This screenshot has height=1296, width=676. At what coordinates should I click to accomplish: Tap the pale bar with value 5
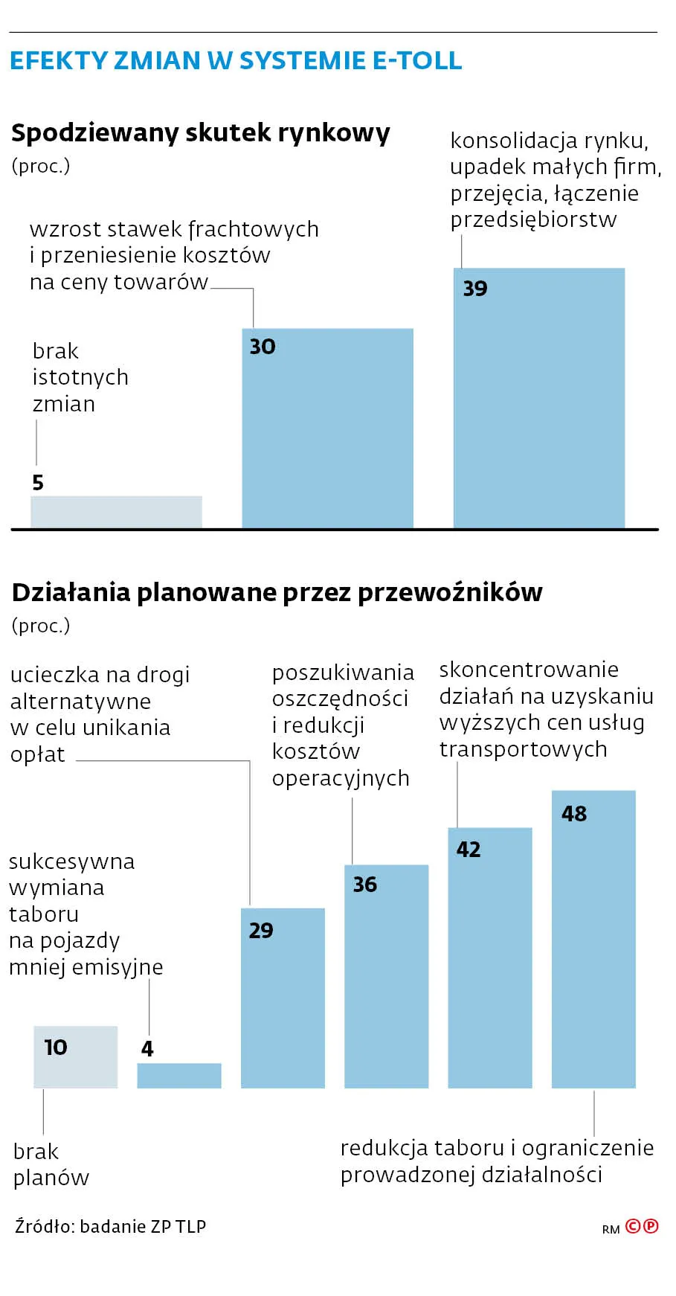116,512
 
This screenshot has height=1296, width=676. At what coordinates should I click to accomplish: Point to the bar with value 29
283,998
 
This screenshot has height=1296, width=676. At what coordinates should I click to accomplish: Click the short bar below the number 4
179,1076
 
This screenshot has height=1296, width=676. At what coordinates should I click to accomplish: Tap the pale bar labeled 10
75,1057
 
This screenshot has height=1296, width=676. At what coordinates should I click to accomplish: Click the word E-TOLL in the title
416,60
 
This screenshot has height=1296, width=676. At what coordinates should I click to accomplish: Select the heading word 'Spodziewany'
94,133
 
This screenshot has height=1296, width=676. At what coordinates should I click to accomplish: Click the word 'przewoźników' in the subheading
450,593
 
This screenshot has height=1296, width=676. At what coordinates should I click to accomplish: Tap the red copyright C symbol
633,1226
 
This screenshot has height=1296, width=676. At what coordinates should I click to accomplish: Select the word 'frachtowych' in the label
254,229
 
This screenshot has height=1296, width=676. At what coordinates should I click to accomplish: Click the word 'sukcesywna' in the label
71,862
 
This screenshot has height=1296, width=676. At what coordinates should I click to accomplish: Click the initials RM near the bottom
611,1230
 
